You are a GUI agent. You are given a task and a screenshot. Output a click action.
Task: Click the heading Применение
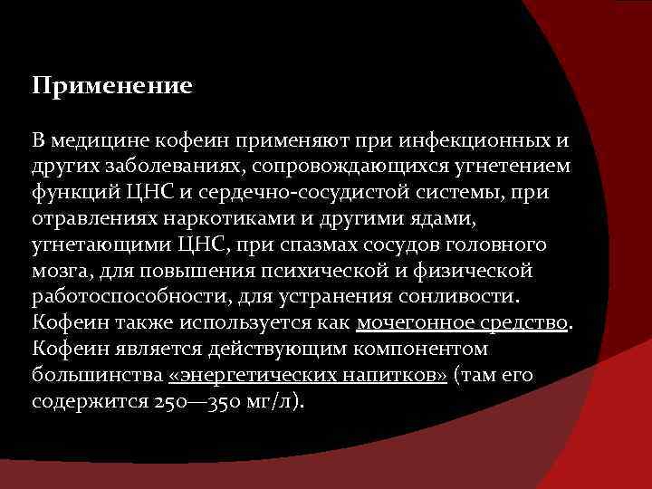point(112,87)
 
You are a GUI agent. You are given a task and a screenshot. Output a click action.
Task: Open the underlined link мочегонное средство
point(463,323)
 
